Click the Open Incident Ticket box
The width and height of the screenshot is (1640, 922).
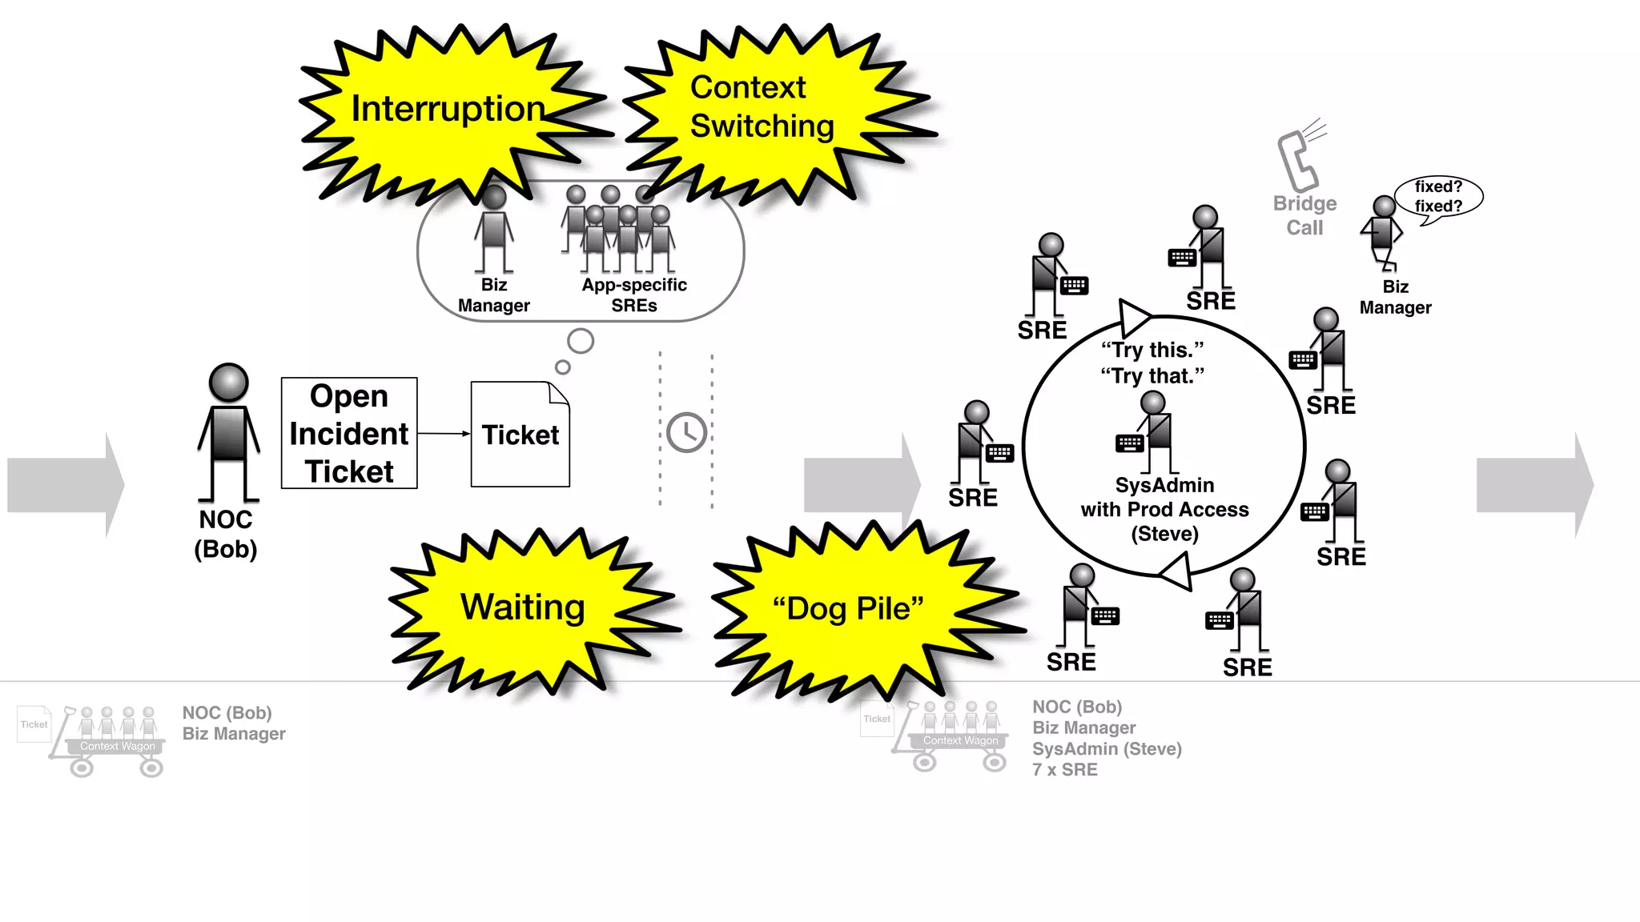(x=349, y=433)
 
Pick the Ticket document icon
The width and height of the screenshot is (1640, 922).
(x=520, y=435)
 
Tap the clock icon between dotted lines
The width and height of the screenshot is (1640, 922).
(x=687, y=433)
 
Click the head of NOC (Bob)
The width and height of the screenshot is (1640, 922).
(x=228, y=383)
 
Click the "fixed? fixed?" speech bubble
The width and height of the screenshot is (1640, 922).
(x=1438, y=196)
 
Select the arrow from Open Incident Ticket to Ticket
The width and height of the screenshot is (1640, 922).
(x=444, y=434)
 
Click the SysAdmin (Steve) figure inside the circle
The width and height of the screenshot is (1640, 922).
(x=1153, y=432)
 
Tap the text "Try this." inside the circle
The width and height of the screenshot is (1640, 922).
(x=1152, y=350)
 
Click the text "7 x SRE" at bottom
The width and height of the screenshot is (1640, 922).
(x=1064, y=770)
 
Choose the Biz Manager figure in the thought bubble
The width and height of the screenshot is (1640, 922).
(x=494, y=232)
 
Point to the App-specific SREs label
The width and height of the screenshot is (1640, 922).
(x=634, y=295)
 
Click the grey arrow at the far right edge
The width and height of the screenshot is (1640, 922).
(x=1533, y=485)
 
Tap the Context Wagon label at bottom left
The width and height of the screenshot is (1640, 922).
(x=118, y=746)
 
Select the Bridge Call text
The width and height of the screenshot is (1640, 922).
(x=1304, y=215)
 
